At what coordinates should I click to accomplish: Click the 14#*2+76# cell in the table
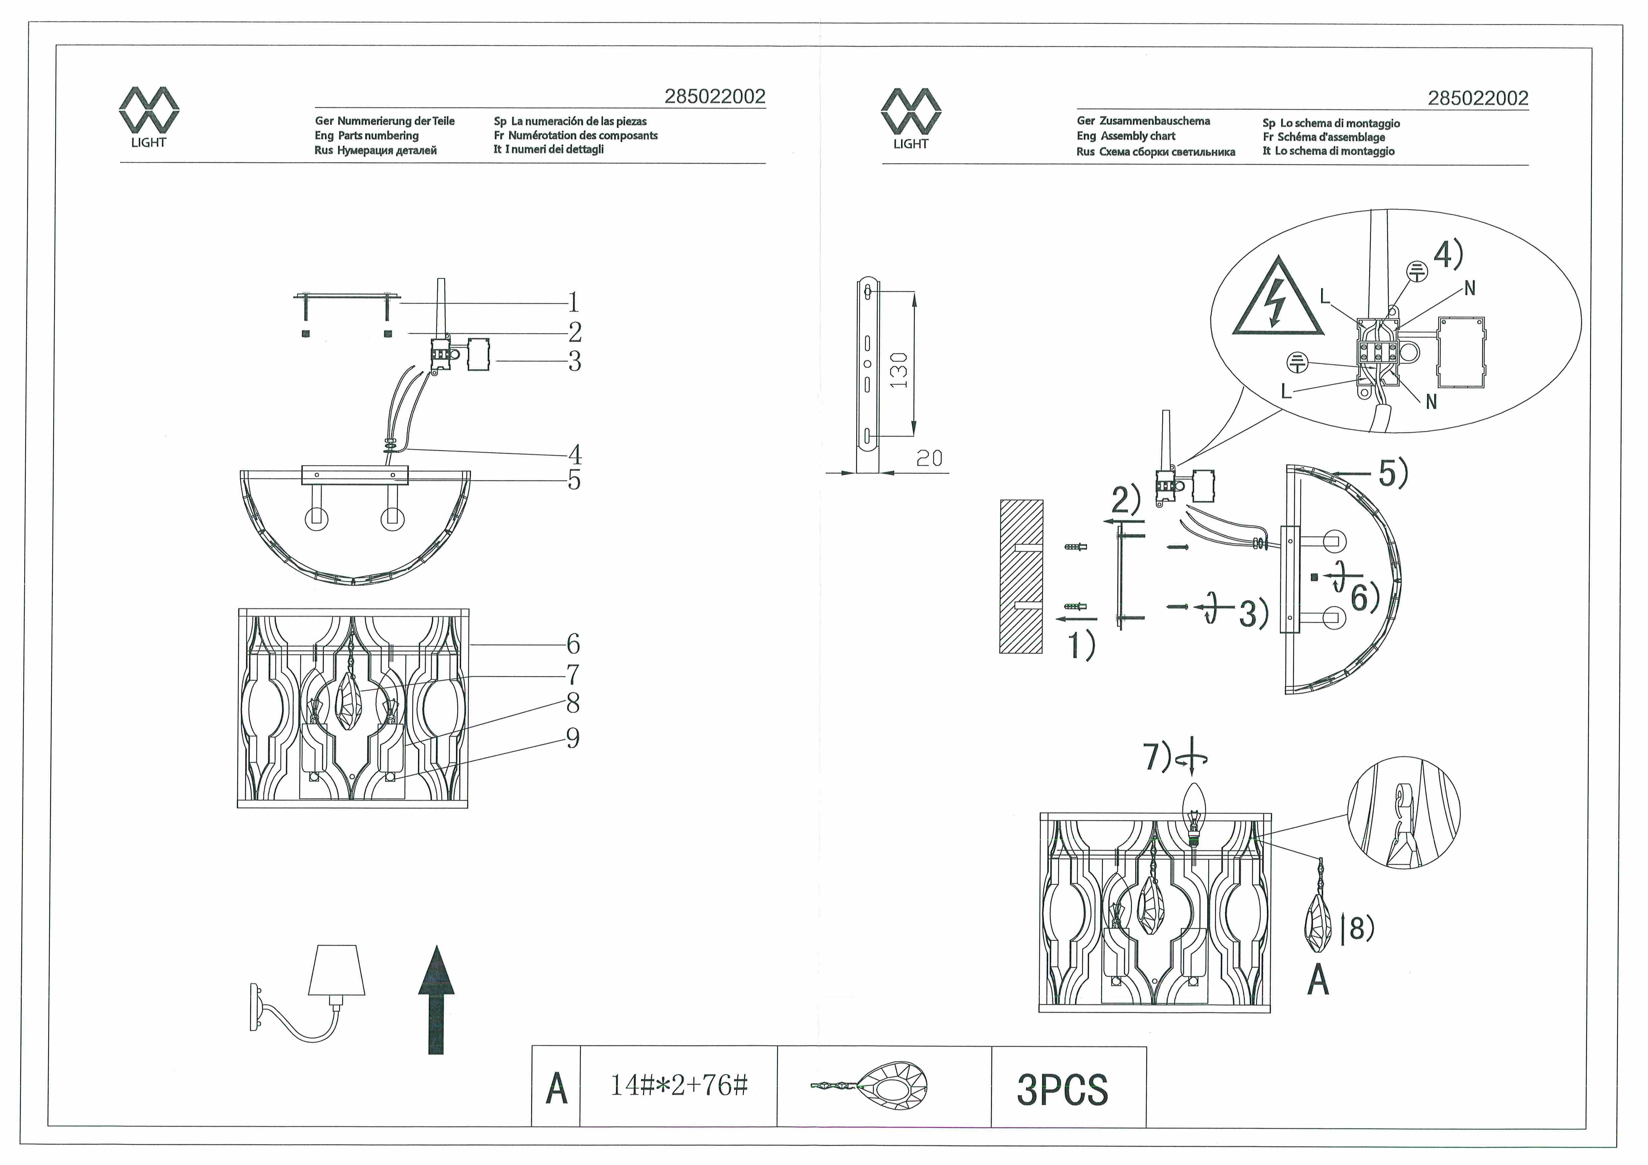point(678,1085)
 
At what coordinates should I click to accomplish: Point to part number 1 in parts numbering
point(573,302)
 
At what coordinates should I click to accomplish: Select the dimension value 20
point(929,458)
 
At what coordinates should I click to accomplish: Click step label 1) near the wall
point(1082,644)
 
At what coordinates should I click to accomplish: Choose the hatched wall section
point(1021,576)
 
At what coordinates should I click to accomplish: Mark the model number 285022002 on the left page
point(715,97)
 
